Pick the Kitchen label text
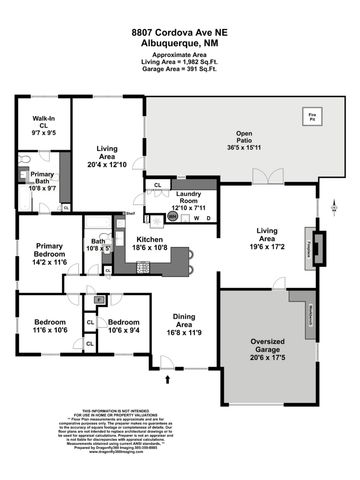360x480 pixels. click(x=151, y=246)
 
